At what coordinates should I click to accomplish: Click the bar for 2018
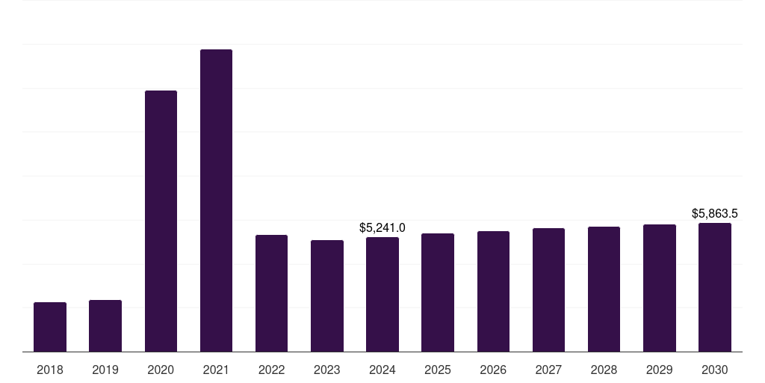[x=50, y=327]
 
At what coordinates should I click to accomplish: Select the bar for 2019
[x=105, y=325]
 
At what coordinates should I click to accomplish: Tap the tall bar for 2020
[x=161, y=221]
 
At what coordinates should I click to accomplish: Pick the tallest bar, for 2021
[x=216, y=200]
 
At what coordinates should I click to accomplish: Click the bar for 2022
[x=271, y=293]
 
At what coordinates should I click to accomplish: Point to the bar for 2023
[x=327, y=295]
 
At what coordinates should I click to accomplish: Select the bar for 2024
[x=382, y=294]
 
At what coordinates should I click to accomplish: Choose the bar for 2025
[x=438, y=292]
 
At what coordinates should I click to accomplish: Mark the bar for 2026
[x=493, y=291]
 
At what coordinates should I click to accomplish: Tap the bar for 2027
[x=548, y=289]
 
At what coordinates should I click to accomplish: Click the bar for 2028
[x=604, y=289]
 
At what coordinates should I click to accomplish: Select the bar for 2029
[x=660, y=288]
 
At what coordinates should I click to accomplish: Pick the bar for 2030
[x=715, y=287]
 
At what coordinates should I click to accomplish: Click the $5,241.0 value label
[x=382, y=227]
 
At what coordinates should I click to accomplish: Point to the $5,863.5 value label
[x=715, y=213]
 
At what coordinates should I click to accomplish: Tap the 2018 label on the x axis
[x=50, y=370]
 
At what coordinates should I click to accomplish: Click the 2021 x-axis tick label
[x=216, y=370]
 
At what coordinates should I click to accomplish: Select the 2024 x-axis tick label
[x=382, y=370]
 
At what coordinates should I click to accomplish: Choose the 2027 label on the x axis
[x=548, y=370]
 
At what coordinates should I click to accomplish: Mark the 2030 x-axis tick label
[x=715, y=370]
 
